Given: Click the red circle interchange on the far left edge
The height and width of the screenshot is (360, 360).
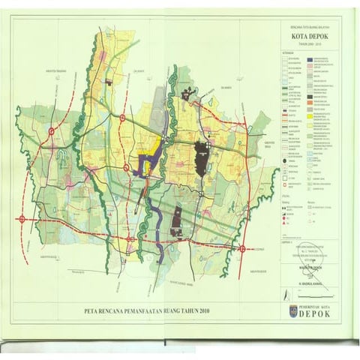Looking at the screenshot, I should [22, 219].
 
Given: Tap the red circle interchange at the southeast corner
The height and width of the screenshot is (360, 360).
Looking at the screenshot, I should [242, 249].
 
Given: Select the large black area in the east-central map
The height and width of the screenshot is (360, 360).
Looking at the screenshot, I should [201, 157].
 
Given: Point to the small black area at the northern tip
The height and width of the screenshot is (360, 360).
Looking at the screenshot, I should [109, 80].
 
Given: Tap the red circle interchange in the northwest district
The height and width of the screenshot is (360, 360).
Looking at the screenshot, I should [50, 132].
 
